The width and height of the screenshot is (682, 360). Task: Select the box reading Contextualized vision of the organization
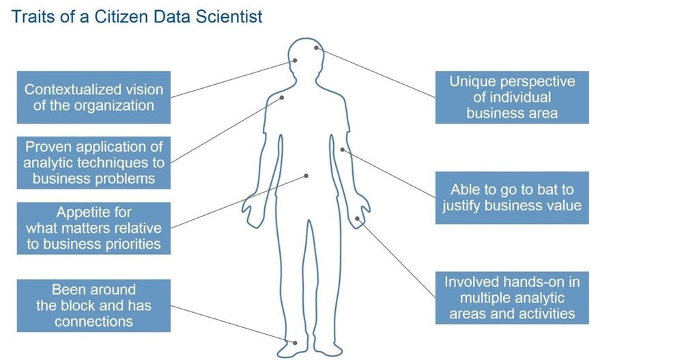point(94,97)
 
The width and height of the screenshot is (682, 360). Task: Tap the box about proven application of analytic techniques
point(94,163)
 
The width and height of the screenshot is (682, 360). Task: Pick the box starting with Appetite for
point(94,228)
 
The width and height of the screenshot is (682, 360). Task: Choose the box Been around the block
point(94,305)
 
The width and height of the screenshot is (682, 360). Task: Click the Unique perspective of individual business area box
point(512,97)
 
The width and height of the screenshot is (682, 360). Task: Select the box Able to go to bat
point(512,197)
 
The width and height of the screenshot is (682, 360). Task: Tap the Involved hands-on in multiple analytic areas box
point(512,298)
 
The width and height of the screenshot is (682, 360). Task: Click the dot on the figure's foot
point(295,343)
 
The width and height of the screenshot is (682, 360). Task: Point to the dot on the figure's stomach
point(307,176)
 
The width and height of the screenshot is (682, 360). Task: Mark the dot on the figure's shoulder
point(282,98)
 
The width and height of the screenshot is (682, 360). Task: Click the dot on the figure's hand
point(357,219)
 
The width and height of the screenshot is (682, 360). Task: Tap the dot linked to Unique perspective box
point(317,48)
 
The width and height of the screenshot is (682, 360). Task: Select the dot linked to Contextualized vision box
point(295,61)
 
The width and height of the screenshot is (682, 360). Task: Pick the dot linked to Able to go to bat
point(342,150)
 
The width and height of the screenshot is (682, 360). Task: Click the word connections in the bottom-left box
point(94,322)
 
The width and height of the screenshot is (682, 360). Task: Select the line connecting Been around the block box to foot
point(233,324)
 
